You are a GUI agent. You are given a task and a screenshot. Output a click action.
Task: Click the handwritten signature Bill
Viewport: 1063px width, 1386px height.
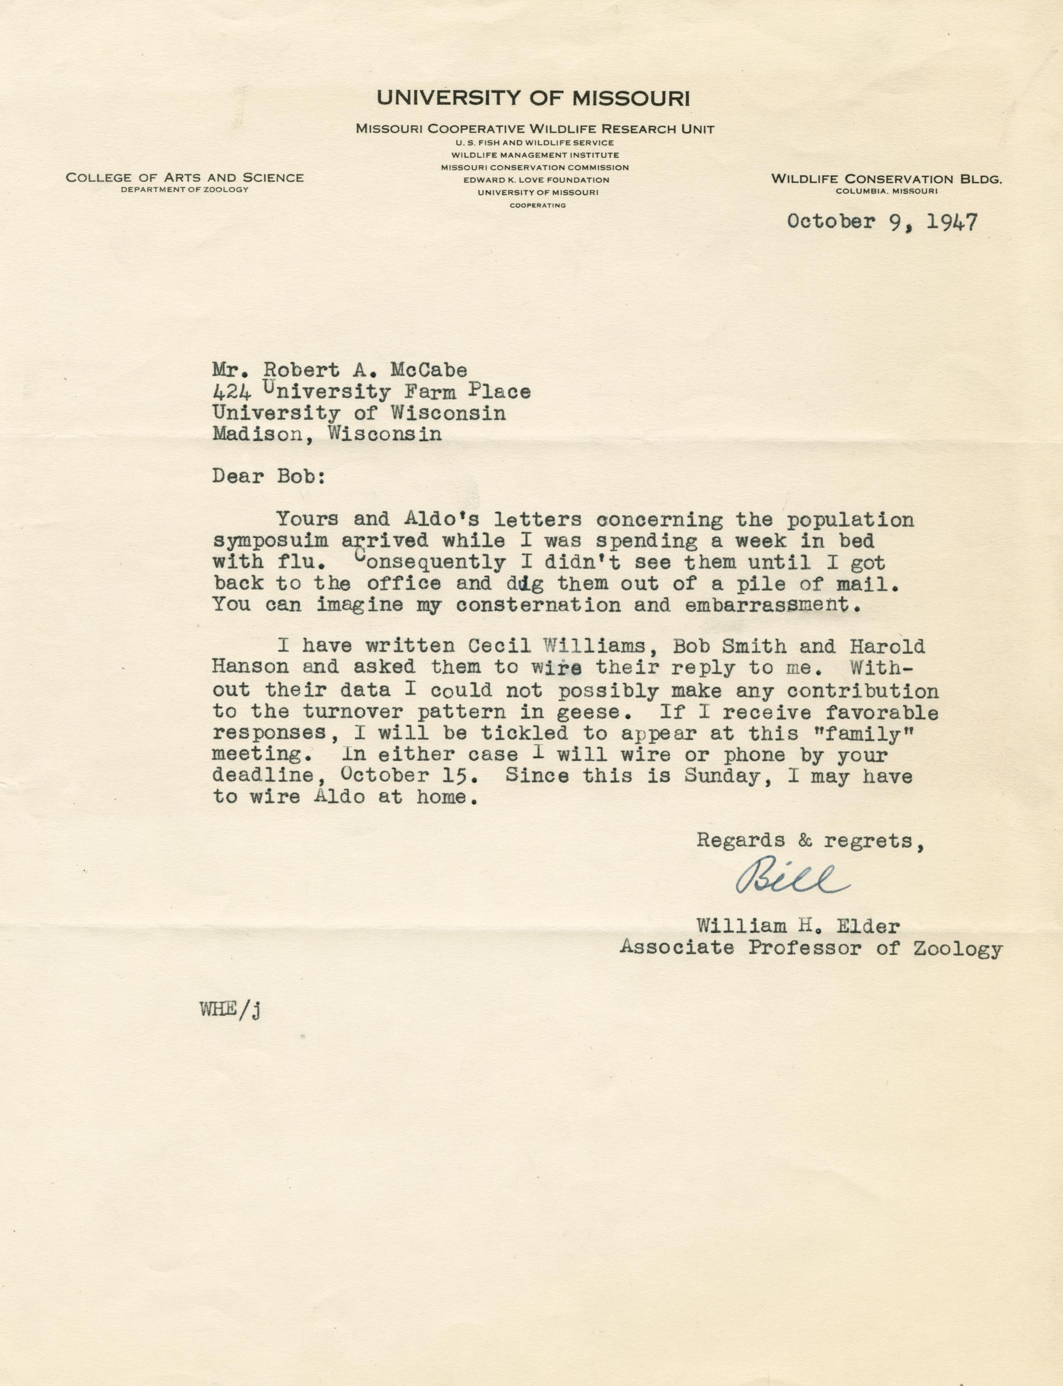coord(790,878)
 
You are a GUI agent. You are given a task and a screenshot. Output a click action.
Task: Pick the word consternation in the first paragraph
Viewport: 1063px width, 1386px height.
coord(538,605)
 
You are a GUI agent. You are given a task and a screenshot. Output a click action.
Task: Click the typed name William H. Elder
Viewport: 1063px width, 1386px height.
coord(797,927)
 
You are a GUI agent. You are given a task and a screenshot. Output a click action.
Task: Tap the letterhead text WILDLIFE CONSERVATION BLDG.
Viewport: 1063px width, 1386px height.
coord(886,179)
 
